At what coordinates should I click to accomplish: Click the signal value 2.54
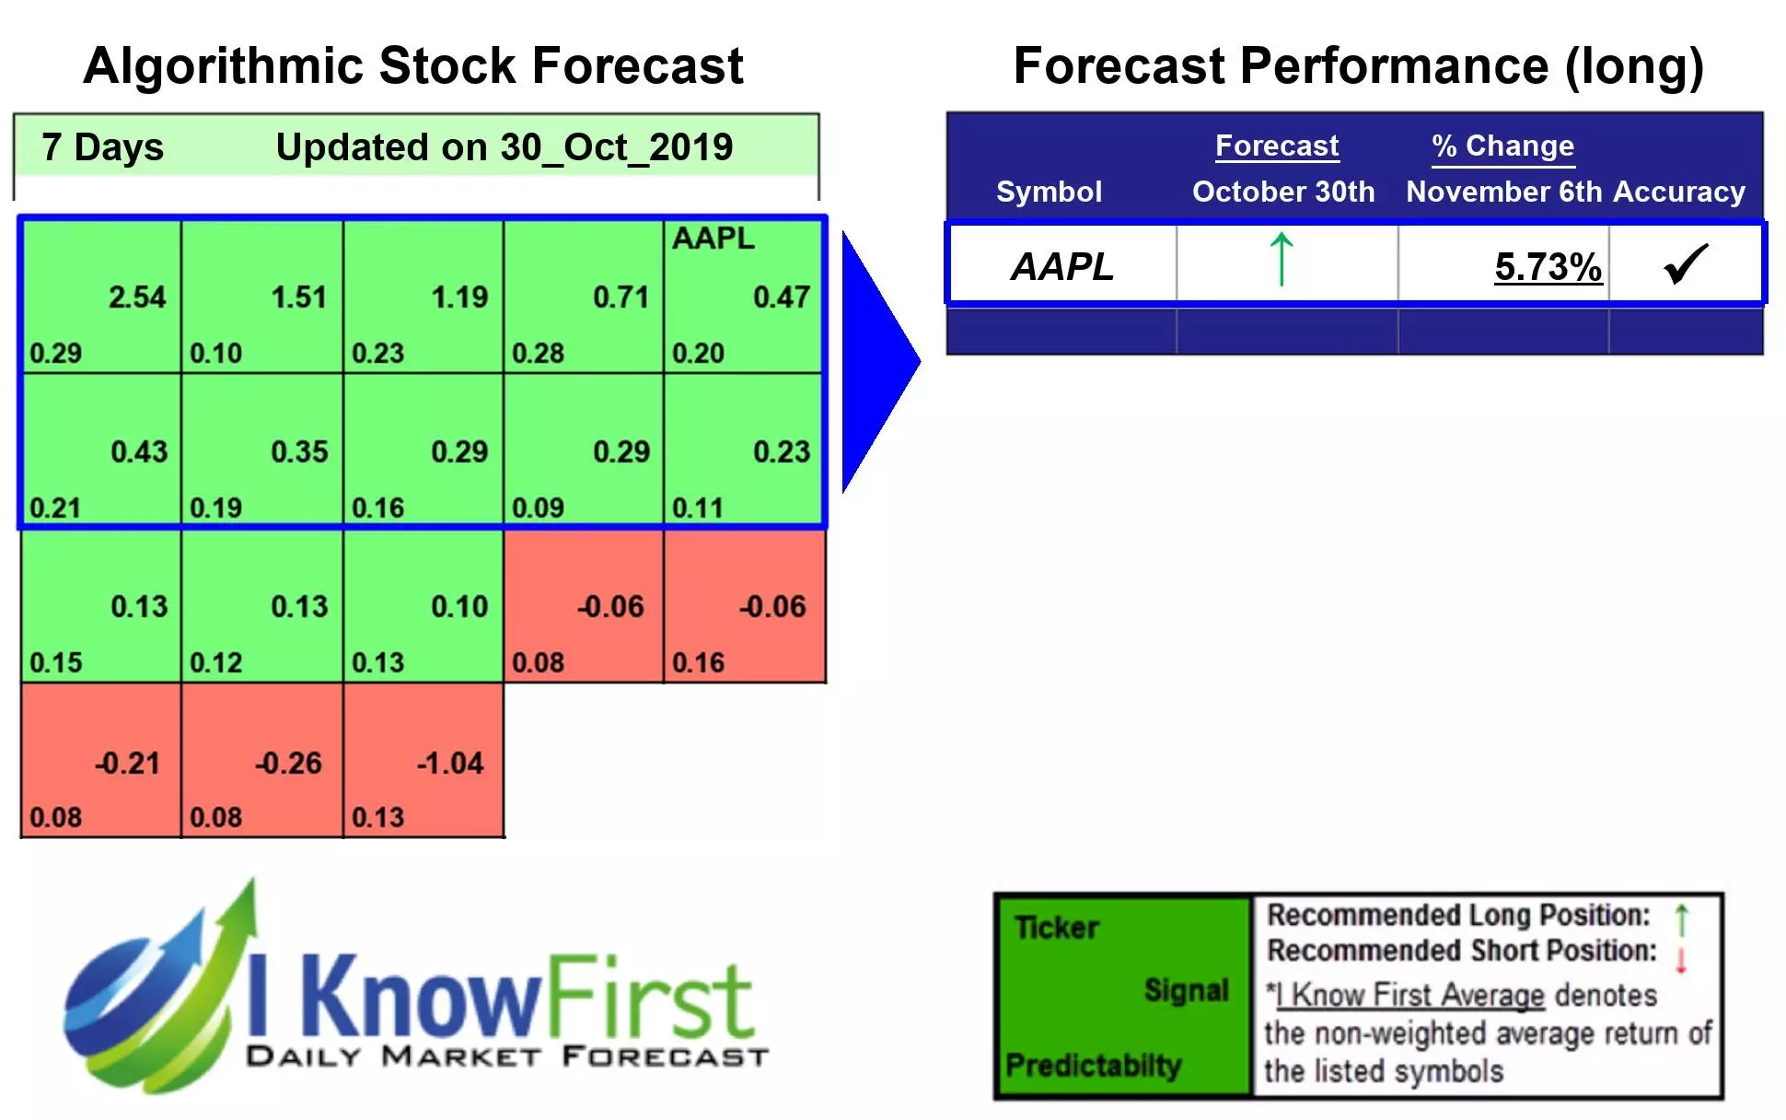click(137, 297)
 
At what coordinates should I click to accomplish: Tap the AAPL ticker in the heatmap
click(713, 239)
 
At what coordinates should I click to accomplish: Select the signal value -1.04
click(449, 763)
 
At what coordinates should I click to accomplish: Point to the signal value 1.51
click(298, 297)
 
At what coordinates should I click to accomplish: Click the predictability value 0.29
click(55, 353)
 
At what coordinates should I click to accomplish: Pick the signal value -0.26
click(288, 763)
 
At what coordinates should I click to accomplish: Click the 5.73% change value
click(1547, 267)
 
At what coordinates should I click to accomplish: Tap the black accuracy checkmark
click(1686, 264)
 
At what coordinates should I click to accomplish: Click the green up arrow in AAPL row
click(1281, 259)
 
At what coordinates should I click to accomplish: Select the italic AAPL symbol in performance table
click(1061, 267)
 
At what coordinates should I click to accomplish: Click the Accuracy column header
click(1678, 192)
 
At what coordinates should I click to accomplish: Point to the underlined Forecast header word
click(1276, 146)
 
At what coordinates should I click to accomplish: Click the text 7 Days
click(102, 147)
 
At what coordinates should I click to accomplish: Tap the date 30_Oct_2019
click(616, 147)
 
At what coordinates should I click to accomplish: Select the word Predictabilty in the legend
click(1093, 1066)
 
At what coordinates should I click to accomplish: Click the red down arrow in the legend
click(1680, 958)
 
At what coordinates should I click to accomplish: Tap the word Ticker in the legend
click(1056, 927)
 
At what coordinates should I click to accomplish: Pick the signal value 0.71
click(620, 297)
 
